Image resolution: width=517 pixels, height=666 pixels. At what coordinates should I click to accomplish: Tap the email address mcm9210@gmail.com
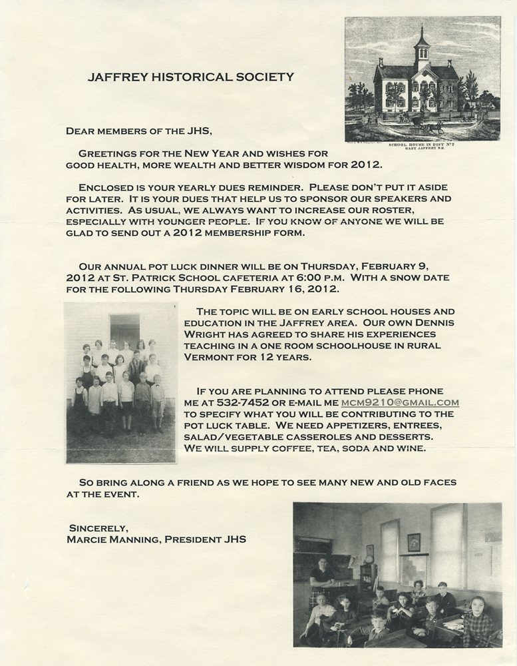coord(409,402)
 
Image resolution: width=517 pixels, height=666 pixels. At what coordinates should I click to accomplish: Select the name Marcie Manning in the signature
coord(109,539)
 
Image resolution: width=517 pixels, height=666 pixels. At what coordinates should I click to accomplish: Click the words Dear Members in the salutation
coord(106,131)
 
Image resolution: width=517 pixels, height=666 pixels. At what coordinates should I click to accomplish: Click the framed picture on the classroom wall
coord(414,542)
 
